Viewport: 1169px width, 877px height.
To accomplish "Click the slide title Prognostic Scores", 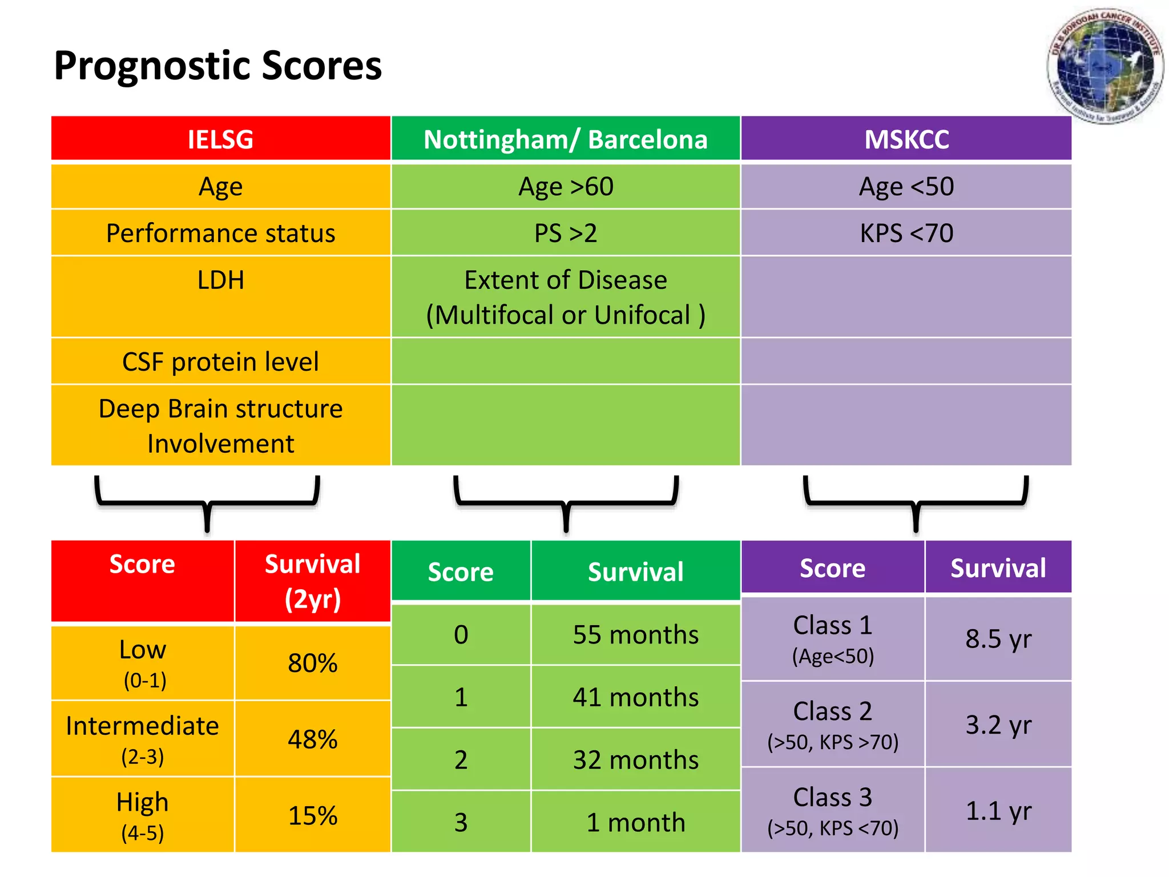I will pyautogui.click(x=217, y=66).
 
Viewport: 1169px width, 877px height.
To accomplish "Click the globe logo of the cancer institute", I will pyautogui.click(x=1104, y=66).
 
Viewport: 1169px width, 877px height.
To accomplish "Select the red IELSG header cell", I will pyautogui.click(x=220, y=139).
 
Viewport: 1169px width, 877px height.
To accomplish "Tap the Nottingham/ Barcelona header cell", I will pyautogui.click(x=565, y=139).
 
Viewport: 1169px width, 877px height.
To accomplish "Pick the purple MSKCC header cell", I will pyautogui.click(x=906, y=139).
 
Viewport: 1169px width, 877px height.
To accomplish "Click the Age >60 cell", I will pyautogui.click(x=565, y=187).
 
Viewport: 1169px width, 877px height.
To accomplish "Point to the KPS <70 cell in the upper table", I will pyautogui.click(x=906, y=233).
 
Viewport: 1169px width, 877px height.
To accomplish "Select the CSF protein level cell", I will pyautogui.click(x=220, y=361).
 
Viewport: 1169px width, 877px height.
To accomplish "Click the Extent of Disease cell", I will pyautogui.click(x=565, y=297).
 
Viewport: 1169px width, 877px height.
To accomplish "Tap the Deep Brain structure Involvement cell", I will pyautogui.click(x=220, y=426).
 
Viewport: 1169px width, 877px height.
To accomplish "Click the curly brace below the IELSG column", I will pyautogui.click(x=207, y=502).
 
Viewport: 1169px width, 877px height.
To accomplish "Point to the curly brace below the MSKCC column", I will pyautogui.click(x=916, y=502).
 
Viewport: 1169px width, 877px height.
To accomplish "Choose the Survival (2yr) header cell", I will pyautogui.click(x=312, y=581).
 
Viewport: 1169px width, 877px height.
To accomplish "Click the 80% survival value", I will pyautogui.click(x=312, y=663).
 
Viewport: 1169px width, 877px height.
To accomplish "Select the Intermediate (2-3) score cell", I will pyautogui.click(x=142, y=739).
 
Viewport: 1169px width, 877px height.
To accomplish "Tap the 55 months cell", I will pyautogui.click(x=635, y=635).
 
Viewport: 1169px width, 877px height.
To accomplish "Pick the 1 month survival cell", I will pyautogui.click(x=635, y=822).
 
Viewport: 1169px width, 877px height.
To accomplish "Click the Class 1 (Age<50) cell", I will pyautogui.click(x=832, y=639).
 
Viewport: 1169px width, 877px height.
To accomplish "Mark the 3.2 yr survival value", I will pyautogui.click(x=998, y=725).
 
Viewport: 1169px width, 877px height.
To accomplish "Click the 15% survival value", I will pyautogui.click(x=312, y=815).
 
